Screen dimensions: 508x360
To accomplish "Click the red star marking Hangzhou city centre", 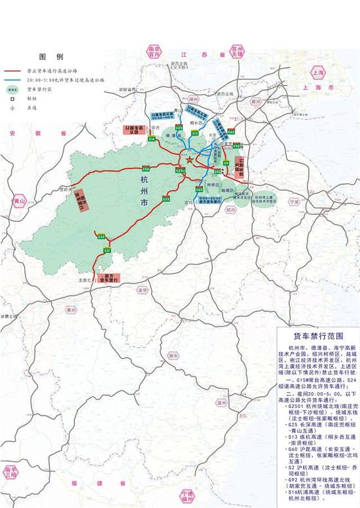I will (x=189, y=159).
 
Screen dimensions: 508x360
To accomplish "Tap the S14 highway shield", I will (x=151, y=139).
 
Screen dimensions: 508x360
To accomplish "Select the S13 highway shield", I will (x=194, y=133).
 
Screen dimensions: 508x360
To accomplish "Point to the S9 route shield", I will (x=225, y=162).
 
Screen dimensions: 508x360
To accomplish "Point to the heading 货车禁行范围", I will (x=314, y=333).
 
